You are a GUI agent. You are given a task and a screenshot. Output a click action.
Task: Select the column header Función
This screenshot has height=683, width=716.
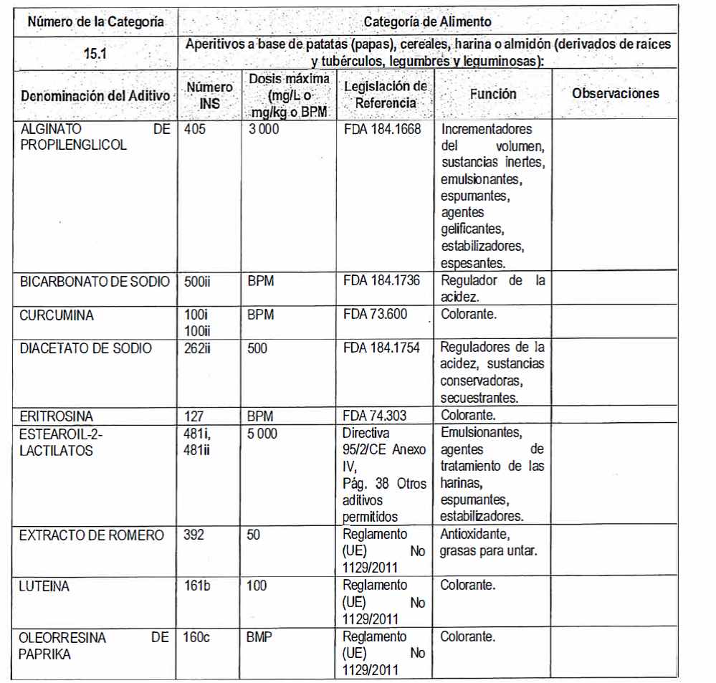click(492, 94)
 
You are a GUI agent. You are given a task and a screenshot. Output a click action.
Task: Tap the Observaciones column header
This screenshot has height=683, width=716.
click(615, 93)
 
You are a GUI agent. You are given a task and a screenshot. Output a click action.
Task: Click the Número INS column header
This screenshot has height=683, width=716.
click(210, 95)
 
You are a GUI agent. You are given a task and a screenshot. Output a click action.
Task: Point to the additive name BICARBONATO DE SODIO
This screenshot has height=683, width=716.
click(95, 282)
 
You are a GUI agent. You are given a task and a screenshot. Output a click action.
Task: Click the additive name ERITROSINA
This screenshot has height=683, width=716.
click(57, 416)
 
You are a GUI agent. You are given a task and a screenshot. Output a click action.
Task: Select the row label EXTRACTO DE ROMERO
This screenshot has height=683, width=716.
click(92, 535)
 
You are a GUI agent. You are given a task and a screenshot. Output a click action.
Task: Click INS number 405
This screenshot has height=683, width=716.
click(194, 130)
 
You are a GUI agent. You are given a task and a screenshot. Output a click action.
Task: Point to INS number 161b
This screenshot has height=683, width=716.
click(197, 586)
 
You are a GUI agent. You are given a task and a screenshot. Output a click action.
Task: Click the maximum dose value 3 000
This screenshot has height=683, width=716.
click(263, 130)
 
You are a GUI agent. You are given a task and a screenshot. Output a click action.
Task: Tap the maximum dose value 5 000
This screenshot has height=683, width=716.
click(263, 434)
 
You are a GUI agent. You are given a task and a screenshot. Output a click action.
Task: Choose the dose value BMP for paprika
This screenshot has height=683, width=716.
click(260, 637)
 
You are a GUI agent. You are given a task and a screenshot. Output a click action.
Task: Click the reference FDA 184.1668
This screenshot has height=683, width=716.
click(382, 130)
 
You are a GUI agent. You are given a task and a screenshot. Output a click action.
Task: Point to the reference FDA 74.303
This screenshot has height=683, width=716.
click(378, 416)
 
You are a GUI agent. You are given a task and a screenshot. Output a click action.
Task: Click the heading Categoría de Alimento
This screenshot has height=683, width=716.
click(428, 22)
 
